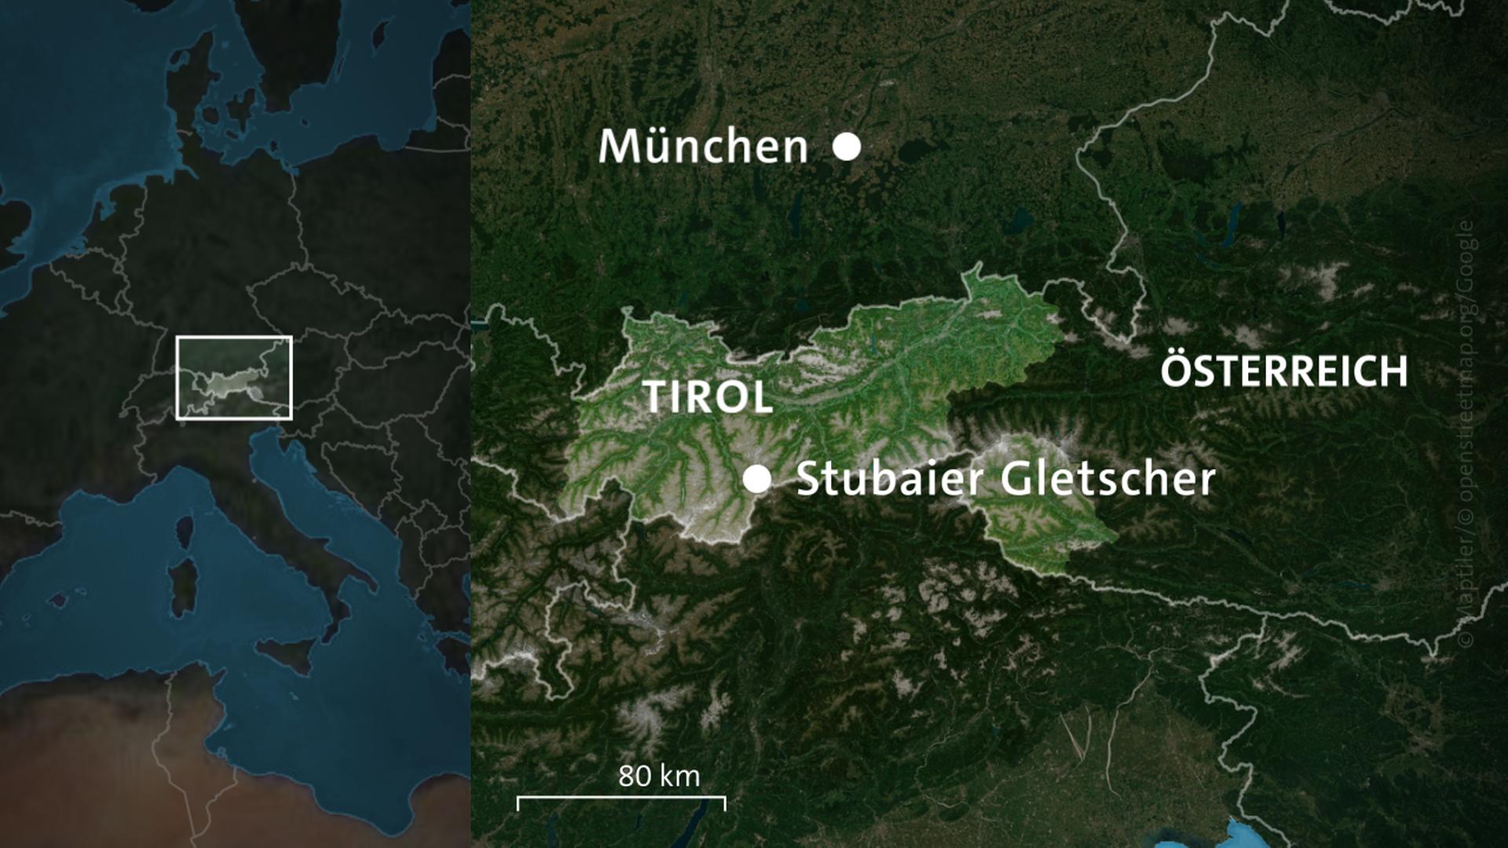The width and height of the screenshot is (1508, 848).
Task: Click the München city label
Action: click(703, 147)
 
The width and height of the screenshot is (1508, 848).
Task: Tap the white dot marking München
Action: click(847, 147)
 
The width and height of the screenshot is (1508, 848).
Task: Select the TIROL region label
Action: click(708, 397)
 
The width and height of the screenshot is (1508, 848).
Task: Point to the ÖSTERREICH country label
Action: click(1284, 371)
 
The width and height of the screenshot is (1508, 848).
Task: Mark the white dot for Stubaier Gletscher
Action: click(757, 479)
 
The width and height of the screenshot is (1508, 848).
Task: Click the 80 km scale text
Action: click(658, 776)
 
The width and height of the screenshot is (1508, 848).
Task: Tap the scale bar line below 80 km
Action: click(620, 799)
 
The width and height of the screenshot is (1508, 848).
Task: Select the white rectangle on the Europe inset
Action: click(234, 338)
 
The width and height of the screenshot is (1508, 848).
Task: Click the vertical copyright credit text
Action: click(1466, 432)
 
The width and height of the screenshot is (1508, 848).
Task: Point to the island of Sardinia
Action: click(183, 586)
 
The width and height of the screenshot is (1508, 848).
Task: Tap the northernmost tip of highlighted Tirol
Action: click(975, 268)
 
